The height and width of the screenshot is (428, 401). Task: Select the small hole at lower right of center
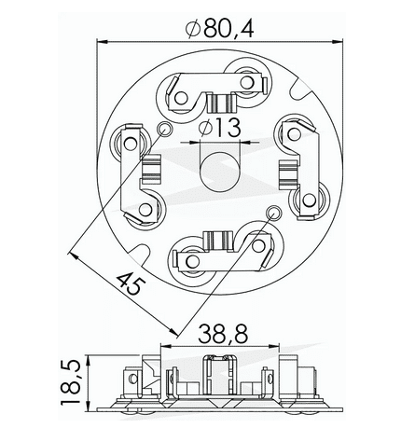[x=273, y=213]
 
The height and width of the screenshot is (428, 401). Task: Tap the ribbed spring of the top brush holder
[x=221, y=100]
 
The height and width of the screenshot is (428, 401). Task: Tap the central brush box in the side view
[x=220, y=379]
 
